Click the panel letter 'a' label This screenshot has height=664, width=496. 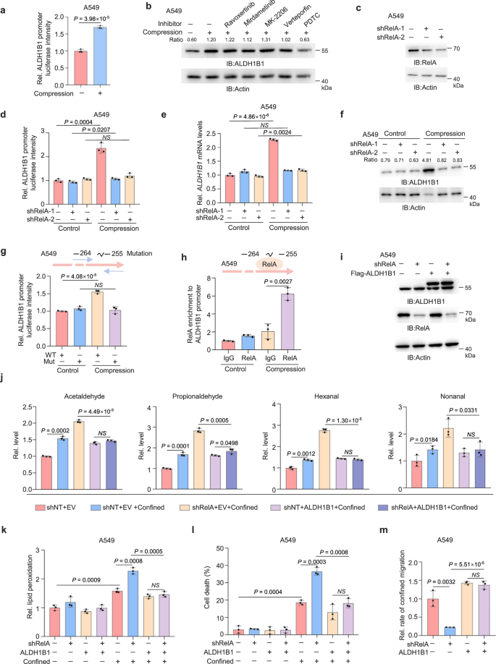[5, 5]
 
